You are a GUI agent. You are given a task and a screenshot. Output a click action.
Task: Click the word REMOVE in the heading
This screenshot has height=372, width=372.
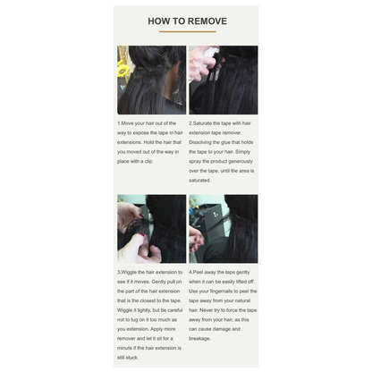[x=207, y=21]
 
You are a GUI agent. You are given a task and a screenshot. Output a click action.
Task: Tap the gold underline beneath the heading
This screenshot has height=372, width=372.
[x=188, y=31]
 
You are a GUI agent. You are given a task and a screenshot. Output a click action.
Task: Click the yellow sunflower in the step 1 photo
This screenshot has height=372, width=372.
[x=122, y=69]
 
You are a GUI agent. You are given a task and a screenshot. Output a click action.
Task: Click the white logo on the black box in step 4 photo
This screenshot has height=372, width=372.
[x=216, y=214]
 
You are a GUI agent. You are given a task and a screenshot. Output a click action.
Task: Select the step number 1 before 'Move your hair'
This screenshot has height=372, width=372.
[x=119, y=123]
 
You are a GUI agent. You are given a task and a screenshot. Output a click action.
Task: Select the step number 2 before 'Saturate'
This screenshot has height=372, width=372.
[x=190, y=123]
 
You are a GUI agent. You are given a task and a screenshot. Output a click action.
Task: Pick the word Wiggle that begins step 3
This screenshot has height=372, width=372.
[x=129, y=272]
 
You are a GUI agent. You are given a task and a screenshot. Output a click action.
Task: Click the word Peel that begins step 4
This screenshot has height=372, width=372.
[x=199, y=272]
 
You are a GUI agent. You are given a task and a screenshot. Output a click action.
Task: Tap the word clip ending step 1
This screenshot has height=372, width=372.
[x=148, y=161]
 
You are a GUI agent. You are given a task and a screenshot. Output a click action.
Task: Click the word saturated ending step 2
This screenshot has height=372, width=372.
[x=199, y=181]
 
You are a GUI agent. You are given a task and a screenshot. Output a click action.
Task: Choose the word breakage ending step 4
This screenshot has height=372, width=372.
[x=199, y=339]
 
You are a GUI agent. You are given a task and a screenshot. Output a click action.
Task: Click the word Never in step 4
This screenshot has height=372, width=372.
[x=207, y=310]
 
